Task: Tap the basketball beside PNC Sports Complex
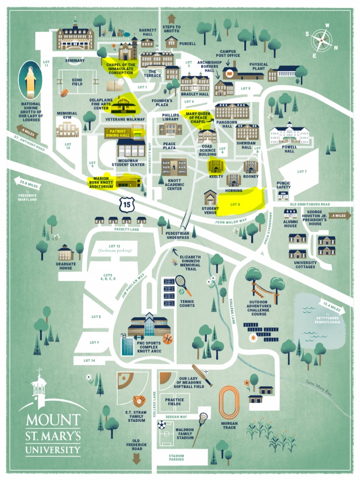click(167, 338)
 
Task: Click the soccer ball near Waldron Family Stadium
click(162, 425)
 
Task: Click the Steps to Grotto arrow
click(171, 19)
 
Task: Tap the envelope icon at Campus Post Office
click(229, 73)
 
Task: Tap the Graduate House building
click(66, 253)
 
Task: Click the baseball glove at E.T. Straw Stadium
click(139, 401)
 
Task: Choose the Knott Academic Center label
click(174, 185)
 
